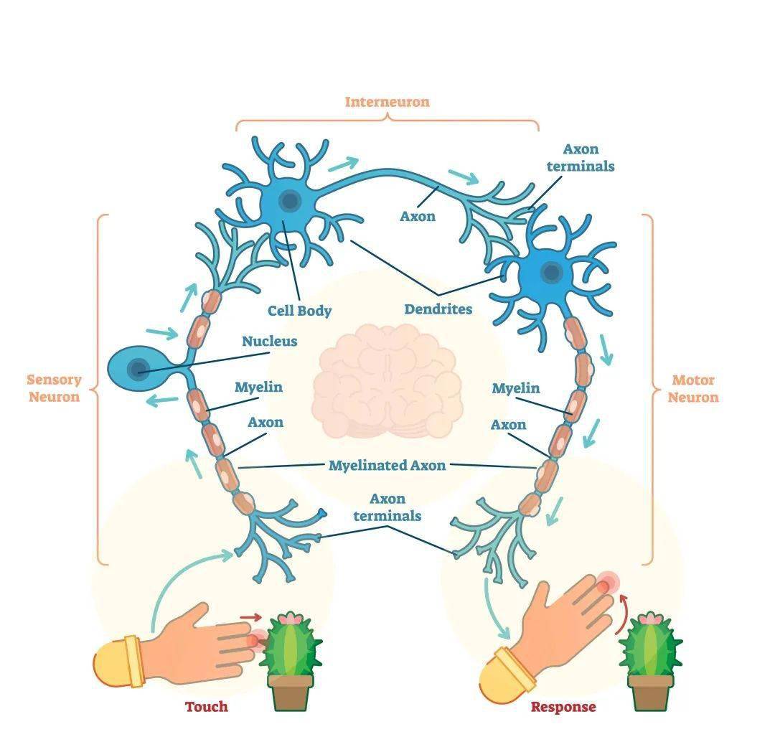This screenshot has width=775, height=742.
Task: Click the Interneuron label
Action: tap(387, 102)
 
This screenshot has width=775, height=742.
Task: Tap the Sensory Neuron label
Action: tap(54, 388)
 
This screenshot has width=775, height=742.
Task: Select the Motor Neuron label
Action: tap(693, 388)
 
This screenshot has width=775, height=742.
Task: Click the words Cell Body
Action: tap(299, 311)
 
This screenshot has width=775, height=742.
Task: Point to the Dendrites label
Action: tap(438, 309)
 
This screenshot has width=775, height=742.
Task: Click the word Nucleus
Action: tap(269, 341)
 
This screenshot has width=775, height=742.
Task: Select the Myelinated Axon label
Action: tap(387, 465)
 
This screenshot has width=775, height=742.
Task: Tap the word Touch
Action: tap(207, 706)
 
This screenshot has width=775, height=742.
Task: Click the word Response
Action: tap(563, 707)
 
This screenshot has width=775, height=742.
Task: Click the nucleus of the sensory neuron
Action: tap(138, 369)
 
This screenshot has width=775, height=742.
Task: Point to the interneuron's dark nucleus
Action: tap(290, 201)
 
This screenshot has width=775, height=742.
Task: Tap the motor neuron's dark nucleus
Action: tap(551, 272)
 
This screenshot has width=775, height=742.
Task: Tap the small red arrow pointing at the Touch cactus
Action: tap(251, 617)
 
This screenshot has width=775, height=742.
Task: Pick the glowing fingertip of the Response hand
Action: tap(605, 586)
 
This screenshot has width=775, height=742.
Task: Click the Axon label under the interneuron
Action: tap(418, 216)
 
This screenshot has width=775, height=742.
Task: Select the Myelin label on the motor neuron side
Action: tap(515, 388)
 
